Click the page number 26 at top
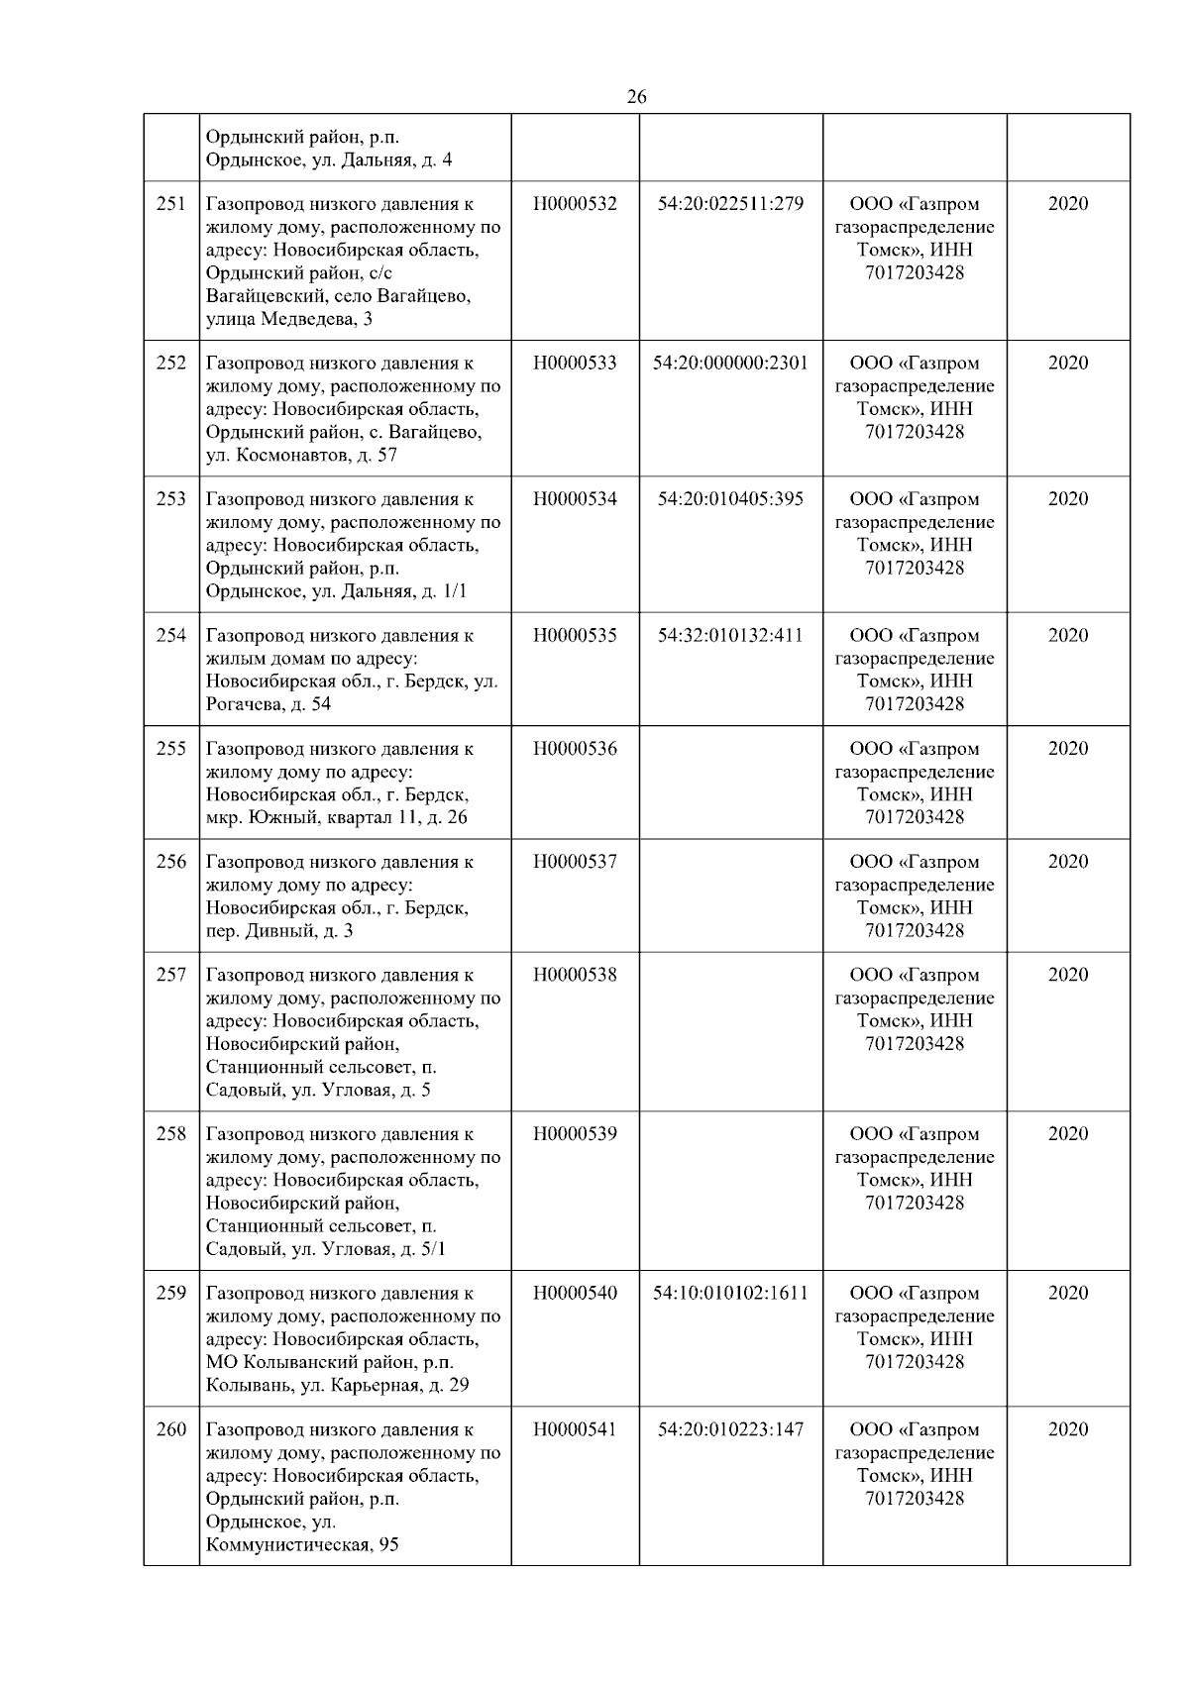(x=637, y=97)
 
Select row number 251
(x=171, y=204)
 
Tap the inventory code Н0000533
(x=575, y=364)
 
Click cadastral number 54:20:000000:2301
(x=730, y=364)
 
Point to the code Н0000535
(x=575, y=636)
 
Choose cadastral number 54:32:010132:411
(x=730, y=636)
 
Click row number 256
(x=171, y=862)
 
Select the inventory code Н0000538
(x=575, y=976)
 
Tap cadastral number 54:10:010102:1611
(x=730, y=1294)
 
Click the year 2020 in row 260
(x=1067, y=1430)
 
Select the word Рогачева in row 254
(x=244, y=704)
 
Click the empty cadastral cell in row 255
(x=730, y=783)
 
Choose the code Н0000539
(x=575, y=1134)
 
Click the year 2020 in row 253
(x=1067, y=499)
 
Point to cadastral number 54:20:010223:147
(x=730, y=1430)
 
